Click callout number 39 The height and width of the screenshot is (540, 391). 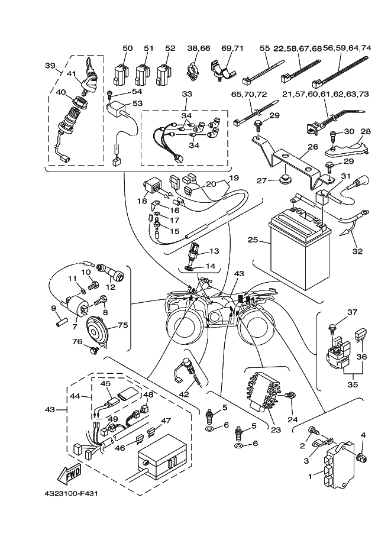(x=50, y=66)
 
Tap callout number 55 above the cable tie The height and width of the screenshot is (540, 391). (x=264, y=48)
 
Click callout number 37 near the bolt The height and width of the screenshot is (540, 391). (x=353, y=312)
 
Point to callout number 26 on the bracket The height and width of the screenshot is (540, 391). (x=313, y=147)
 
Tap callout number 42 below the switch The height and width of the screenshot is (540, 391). (x=185, y=395)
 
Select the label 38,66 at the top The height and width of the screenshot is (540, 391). (x=199, y=48)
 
